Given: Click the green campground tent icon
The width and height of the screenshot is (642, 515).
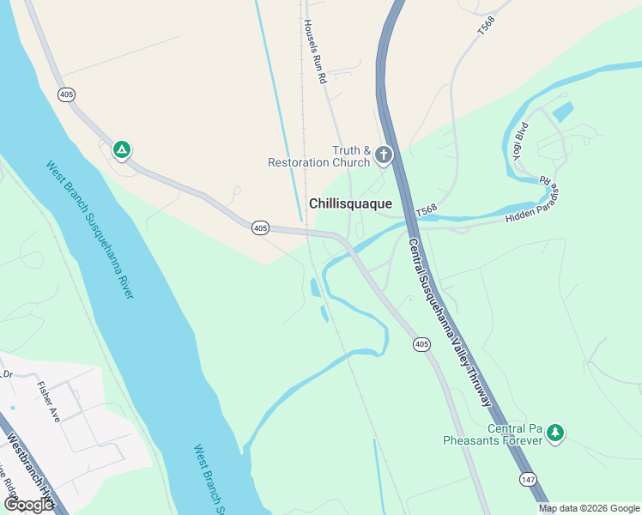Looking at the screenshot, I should tap(122, 150).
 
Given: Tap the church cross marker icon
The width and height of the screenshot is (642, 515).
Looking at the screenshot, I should tap(383, 155).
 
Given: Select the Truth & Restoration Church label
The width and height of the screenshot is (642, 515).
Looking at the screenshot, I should tap(319, 156).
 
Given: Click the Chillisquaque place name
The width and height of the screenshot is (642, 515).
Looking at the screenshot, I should tap(350, 203).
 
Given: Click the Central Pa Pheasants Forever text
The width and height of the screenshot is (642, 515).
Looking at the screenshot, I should tap(492, 434).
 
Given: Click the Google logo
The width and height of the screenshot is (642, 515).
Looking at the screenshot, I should tap(28, 504).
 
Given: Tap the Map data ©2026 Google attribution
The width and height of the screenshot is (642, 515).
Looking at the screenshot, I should tap(589, 508).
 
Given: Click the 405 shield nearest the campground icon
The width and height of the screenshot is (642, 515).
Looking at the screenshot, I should tap(66, 94).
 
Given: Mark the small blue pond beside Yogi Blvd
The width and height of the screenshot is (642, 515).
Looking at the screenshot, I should tap(563, 112).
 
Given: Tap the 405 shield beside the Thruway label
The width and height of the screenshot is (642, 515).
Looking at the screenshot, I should tap(421, 344).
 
